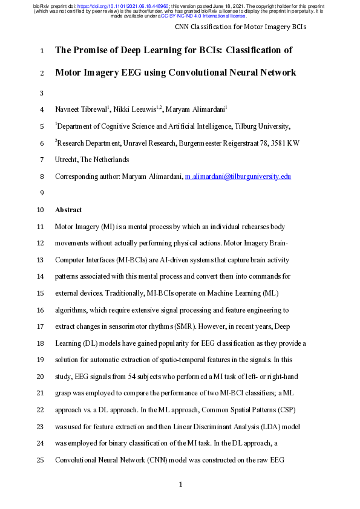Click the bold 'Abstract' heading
pyautogui.click(x=68, y=210)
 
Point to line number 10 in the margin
pyautogui.click(x=39, y=210)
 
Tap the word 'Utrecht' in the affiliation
pyautogui.click(x=68, y=160)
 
